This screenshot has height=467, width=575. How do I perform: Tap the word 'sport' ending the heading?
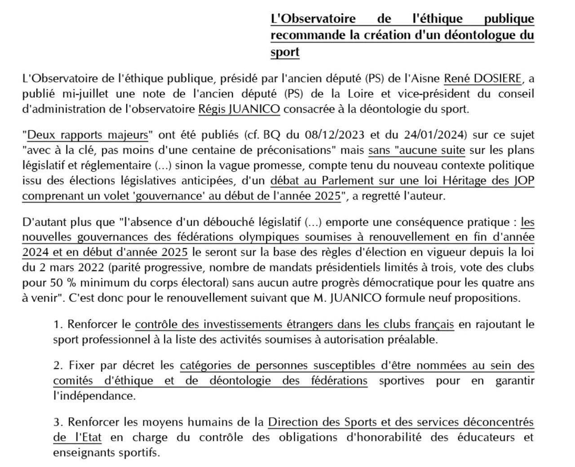click(x=285, y=52)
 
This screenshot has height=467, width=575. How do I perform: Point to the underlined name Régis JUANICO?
click(x=239, y=109)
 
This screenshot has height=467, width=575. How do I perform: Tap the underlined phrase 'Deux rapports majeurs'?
click(x=88, y=135)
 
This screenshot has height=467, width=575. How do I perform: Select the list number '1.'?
click(x=58, y=324)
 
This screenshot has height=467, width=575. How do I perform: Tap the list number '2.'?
click(x=58, y=365)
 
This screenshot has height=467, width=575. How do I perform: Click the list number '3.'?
click(x=58, y=422)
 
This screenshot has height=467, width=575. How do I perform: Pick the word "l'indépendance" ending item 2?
click(x=94, y=396)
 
